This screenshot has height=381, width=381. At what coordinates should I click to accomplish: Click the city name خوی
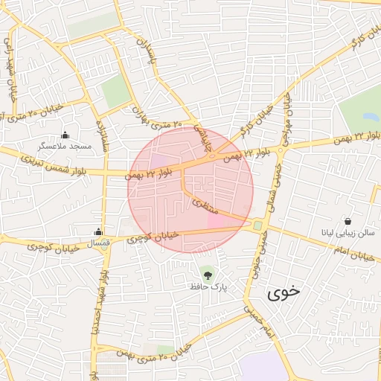pos(285,292)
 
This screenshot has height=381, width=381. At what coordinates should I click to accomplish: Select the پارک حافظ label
pos(208,286)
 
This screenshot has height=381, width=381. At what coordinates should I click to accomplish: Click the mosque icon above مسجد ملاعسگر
pos(65,135)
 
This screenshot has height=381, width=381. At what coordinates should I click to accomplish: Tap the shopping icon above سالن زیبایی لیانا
pos(348,221)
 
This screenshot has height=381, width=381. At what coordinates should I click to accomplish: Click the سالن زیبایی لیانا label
pos(348,233)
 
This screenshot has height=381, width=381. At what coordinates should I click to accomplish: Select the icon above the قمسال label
pos(98,231)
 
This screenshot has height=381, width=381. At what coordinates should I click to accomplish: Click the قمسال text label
pos(98,243)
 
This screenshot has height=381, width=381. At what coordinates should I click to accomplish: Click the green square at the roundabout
pos(258,225)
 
